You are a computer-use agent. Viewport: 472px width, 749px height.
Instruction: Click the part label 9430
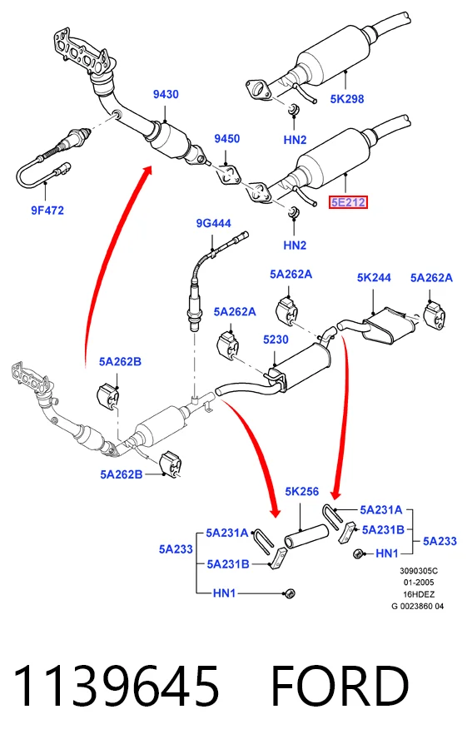166,94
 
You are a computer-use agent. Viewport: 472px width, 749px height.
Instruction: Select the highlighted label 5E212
348,202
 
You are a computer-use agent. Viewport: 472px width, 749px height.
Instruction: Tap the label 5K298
347,99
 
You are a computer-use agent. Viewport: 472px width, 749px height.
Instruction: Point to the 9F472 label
47,211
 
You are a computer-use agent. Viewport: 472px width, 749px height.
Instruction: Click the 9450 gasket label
227,138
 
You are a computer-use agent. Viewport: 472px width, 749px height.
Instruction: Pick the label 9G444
214,223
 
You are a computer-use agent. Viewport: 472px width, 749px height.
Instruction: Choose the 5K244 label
374,277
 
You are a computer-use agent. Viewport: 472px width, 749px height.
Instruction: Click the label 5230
276,340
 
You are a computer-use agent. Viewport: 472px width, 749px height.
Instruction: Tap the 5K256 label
302,492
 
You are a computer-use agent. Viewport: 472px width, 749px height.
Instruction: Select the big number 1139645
116,686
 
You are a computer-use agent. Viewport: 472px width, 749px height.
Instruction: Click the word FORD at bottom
340,686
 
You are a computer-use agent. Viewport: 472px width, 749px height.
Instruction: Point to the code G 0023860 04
418,606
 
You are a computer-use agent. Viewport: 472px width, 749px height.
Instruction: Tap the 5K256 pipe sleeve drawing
306,535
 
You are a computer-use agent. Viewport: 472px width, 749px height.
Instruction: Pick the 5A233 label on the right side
440,541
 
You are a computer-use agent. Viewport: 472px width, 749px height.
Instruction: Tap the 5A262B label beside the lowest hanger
122,474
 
